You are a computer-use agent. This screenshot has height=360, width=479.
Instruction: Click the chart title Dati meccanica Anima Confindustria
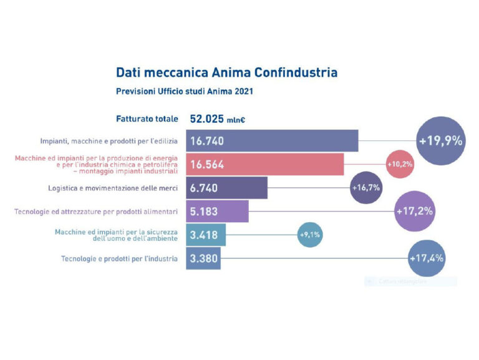226,72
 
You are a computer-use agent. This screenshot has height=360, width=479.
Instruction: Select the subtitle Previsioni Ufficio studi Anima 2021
184,91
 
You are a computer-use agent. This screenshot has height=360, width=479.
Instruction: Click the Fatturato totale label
147,119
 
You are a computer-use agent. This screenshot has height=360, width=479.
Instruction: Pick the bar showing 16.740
272,141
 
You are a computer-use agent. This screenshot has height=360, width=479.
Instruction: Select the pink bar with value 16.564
265,164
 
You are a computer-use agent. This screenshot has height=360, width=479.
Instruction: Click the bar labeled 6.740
227,188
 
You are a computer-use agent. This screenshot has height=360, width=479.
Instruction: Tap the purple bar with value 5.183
218,212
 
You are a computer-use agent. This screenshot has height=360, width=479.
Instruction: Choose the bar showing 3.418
206,235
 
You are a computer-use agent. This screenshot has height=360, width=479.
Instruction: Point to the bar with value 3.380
203,258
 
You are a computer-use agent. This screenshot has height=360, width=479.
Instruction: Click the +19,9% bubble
440,140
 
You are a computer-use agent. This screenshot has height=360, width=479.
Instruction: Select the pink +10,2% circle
400,164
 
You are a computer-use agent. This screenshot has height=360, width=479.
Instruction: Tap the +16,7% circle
366,188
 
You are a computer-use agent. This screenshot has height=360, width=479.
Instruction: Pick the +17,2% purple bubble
414,212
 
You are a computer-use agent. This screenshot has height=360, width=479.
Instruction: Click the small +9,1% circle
310,235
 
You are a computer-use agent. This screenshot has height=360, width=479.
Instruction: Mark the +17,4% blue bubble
427,258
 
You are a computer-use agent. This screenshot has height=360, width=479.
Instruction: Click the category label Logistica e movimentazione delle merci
113,188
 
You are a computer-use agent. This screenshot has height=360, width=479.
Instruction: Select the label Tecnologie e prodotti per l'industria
119,258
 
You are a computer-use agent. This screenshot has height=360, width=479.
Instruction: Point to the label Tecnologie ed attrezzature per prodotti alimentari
96,212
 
